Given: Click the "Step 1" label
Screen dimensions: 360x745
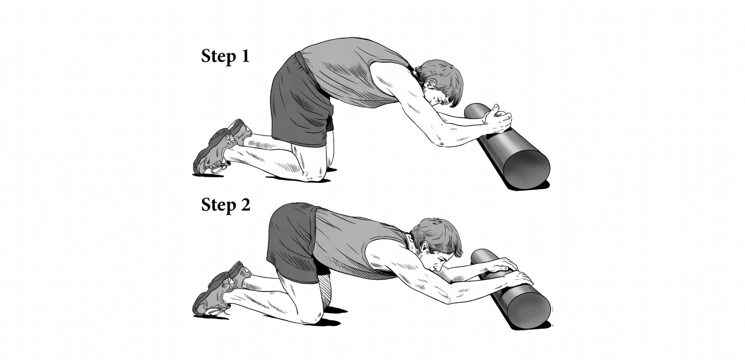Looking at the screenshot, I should [225, 56].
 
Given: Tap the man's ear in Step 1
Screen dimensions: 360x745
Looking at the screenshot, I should [429, 83].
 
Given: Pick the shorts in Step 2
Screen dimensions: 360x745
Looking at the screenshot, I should [292, 240].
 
